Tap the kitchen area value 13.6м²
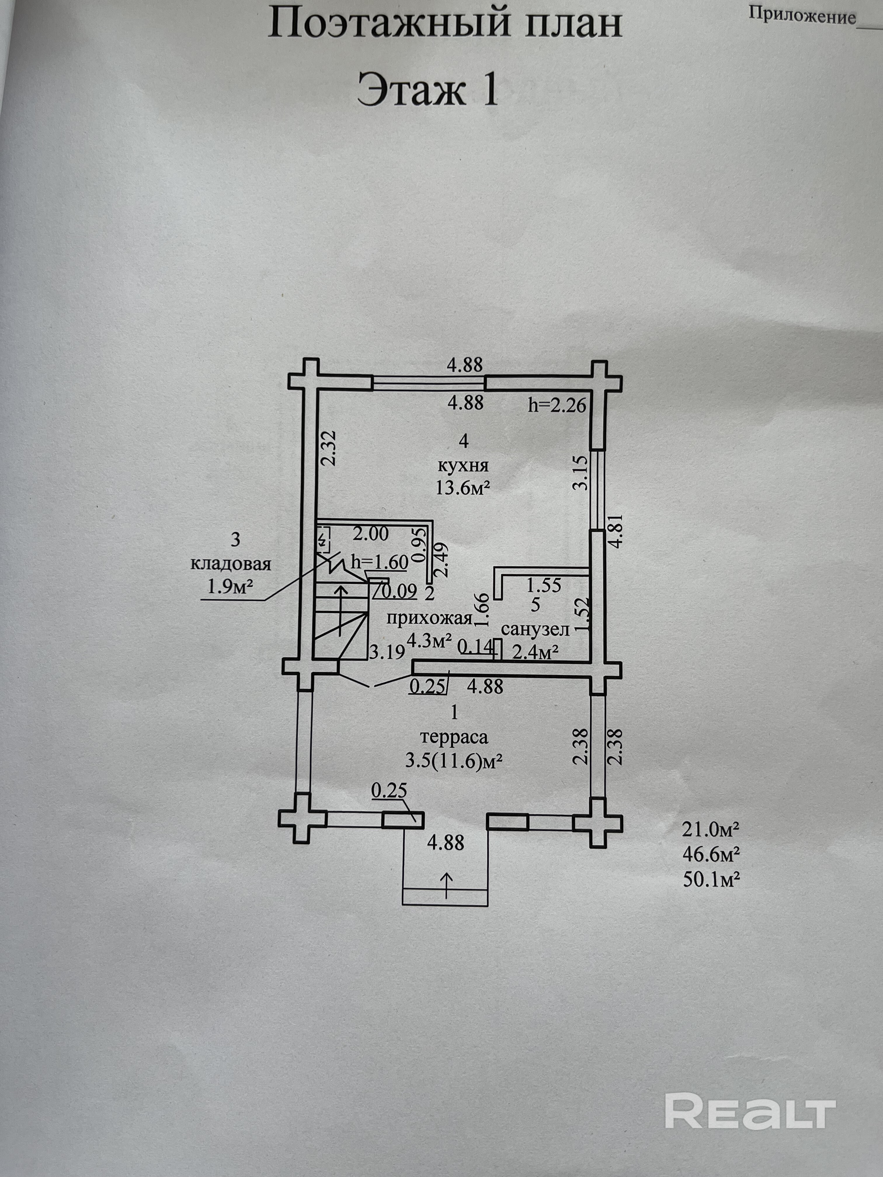click(463, 487)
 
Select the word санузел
click(536, 629)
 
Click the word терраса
click(454, 737)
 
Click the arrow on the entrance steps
click(446, 885)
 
